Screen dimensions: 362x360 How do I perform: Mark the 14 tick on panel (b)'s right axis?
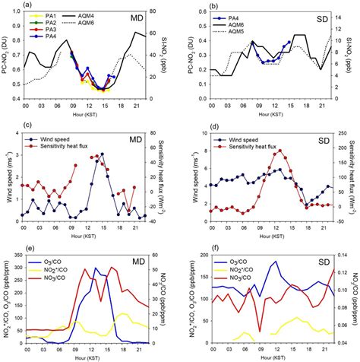(x=346, y=12)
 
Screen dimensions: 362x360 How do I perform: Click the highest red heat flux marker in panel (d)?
(x=279, y=151)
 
